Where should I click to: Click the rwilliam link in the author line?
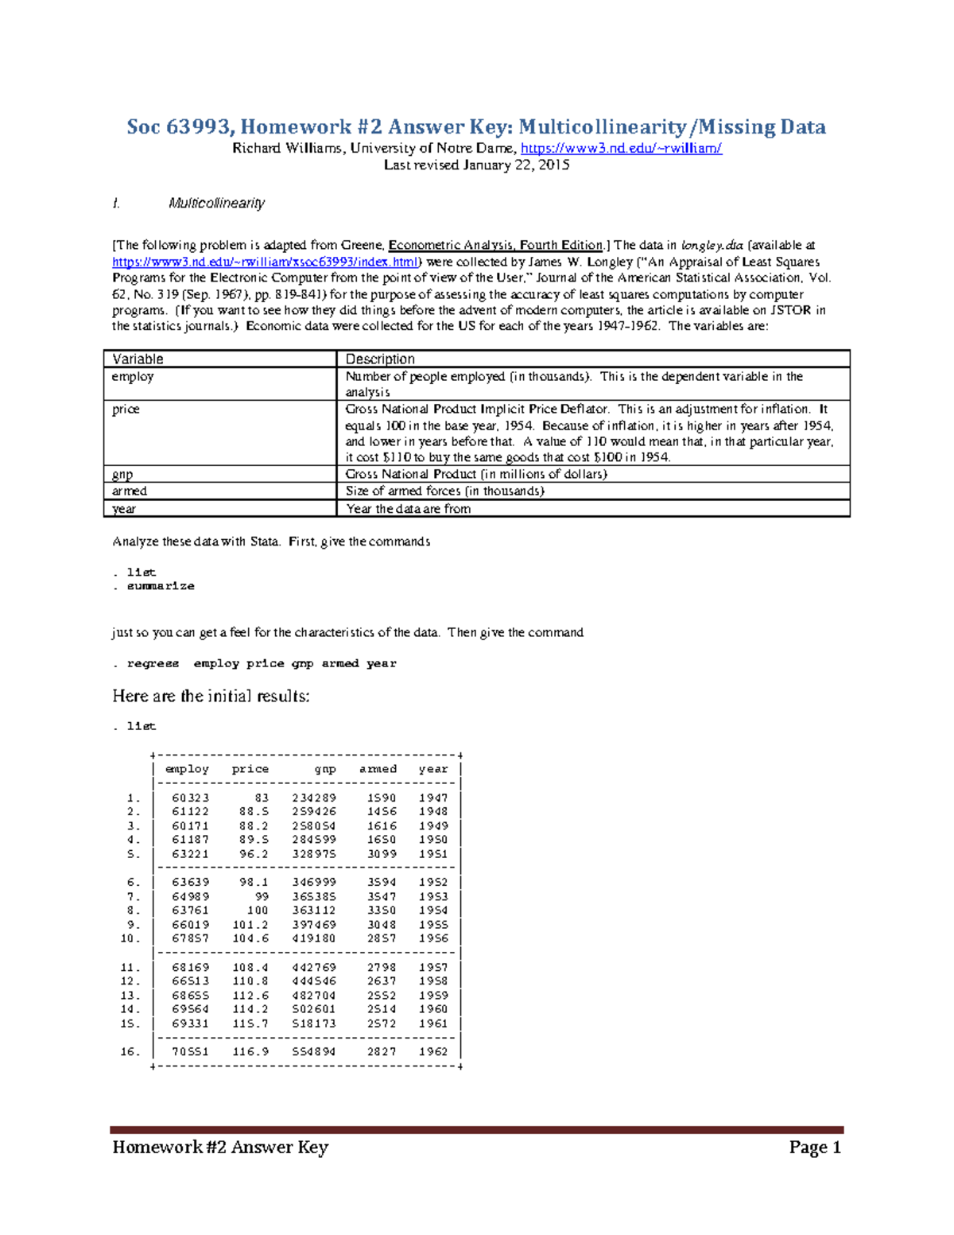[x=621, y=148]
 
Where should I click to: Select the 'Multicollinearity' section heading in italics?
[x=216, y=204]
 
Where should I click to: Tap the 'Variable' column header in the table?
[x=138, y=359]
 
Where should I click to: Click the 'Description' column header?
[x=380, y=359]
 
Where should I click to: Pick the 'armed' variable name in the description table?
[x=130, y=491]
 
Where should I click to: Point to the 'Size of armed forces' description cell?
[x=444, y=491]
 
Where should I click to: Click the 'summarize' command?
[x=161, y=586]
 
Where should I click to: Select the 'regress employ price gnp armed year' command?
[x=262, y=663]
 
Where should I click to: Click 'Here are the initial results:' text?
[x=211, y=696]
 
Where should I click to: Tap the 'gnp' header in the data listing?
[x=325, y=769]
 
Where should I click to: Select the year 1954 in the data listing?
[x=433, y=911]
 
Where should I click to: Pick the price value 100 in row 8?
[x=258, y=911]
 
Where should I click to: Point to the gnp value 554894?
[x=314, y=1051]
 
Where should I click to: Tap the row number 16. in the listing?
[x=130, y=1051]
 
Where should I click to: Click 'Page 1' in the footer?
[x=815, y=1147]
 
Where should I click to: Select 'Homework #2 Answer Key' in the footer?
[x=220, y=1147]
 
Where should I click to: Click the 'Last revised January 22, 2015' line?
[x=476, y=165]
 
